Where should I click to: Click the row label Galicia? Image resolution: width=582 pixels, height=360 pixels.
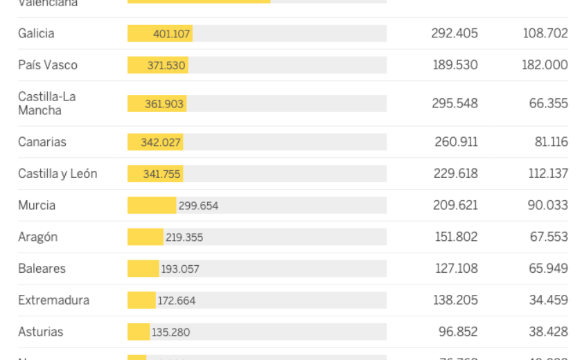[x=36, y=33]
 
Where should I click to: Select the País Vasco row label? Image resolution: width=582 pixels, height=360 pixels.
[x=48, y=65]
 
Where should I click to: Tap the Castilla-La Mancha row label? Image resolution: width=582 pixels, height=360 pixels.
[x=47, y=103]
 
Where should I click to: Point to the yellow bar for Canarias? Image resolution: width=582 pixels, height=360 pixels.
[x=155, y=142]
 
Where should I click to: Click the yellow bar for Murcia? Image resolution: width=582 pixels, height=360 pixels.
[x=152, y=206]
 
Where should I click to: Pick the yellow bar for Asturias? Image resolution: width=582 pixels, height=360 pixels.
[x=139, y=332]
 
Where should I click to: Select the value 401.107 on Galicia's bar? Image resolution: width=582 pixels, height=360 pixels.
[x=171, y=34]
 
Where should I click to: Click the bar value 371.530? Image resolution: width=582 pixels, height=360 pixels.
[x=166, y=65]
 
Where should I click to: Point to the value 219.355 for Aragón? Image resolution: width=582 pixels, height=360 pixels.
[x=184, y=237]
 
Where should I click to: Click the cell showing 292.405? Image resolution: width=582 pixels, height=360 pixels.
[x=455, y=33]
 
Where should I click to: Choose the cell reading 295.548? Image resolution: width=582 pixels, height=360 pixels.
[x=455, y=103]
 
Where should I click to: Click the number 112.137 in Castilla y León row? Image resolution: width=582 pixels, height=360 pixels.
[x=548, y=174]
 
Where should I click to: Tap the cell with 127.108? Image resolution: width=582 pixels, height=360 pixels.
[x=456, y=269]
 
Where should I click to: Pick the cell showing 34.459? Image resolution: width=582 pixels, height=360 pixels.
[x=548, y=300]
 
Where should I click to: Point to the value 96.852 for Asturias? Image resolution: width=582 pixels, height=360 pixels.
[x=458, y=332]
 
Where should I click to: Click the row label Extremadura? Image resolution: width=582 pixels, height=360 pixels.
[x=53, y=300]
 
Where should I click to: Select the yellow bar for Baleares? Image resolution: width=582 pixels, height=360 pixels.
[x=143, y=269]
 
